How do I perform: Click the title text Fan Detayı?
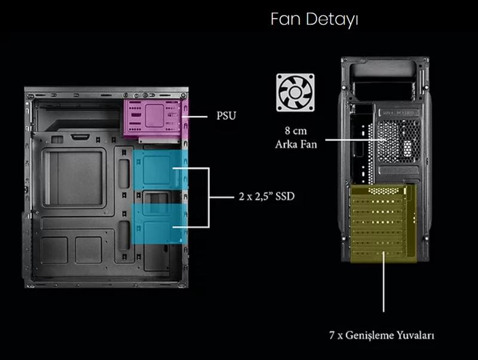tap(314, 19)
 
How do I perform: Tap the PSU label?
tap(226, 115)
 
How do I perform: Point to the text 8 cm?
tap(296, 130)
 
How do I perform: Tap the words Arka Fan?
tap(296, 144)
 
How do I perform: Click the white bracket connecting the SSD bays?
tap(209, 197)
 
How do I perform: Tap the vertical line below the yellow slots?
tap(383, 287)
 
